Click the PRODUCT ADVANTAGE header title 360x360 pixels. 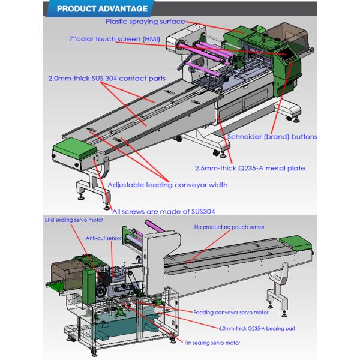(102, 9)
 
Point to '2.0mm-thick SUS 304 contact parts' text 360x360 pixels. (106, 78)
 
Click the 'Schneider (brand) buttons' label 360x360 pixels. (272, 137)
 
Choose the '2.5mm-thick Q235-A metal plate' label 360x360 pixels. (250, 168)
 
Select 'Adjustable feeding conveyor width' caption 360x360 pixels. (167, 185)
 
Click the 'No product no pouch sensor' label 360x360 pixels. (229, 227)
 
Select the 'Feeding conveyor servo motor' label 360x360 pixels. (231, 313)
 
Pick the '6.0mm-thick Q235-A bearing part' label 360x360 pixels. (251, 328)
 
